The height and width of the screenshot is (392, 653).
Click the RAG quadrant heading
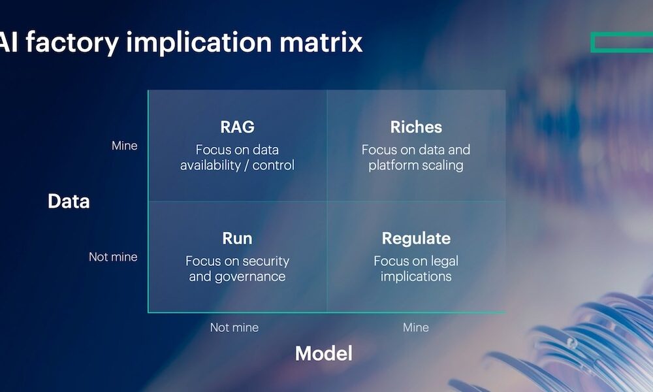click(x=237, y=127)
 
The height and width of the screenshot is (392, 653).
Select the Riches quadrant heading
click(x=416, y=127)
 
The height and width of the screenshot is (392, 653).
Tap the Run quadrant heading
click(x=237, y=238)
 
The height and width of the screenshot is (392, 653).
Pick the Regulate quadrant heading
click(x=416, y=238)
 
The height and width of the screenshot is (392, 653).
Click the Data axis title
click(x=69, y=201)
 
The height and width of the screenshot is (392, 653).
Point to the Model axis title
click(x=323, y=353)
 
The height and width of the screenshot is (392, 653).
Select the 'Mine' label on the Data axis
click(x=124, y=146)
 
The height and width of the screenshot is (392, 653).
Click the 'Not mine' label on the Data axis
click(x=113, y=257)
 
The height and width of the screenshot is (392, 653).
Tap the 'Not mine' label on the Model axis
click(x=234, y=327)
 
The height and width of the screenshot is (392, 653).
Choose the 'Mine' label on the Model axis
click(x=416, y=327)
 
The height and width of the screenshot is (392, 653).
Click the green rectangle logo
click(x=621, y=42)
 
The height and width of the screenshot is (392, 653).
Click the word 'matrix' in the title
click(x=321, y=42)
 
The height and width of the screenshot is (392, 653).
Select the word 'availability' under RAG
click(x=210, y=165)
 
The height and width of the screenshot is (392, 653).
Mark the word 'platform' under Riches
click(x=396, y=165)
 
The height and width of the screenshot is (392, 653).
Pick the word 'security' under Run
click(x=264, y=261)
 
